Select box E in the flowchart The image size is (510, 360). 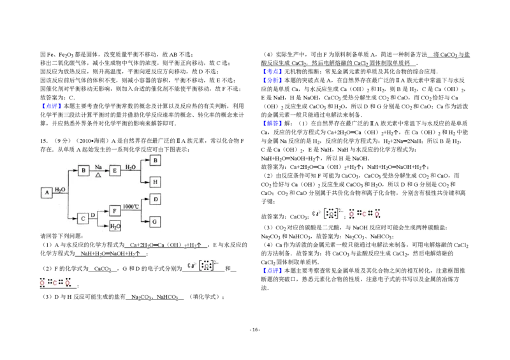[115, 170]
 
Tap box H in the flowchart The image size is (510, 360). [156, 182]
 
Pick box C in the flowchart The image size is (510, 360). [83, 219]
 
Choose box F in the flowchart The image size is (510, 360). [115, 210]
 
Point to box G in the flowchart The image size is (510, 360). [156, 221]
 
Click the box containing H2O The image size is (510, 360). [115, 227]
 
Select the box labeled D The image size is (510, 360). [156, 199]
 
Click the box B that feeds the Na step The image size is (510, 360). [83, 170]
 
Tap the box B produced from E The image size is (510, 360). [156, 161]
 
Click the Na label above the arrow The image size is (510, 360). [98, 166]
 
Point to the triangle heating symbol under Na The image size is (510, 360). [98, 175]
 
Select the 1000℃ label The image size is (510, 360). [132, 206]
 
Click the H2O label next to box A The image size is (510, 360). [59, 189]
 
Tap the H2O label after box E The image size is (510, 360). [131, 166]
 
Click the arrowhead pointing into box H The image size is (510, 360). [148, 182]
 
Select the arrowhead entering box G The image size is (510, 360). [148, 221]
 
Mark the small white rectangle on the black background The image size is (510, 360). [444, 74]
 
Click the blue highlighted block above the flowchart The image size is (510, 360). [51, 106]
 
